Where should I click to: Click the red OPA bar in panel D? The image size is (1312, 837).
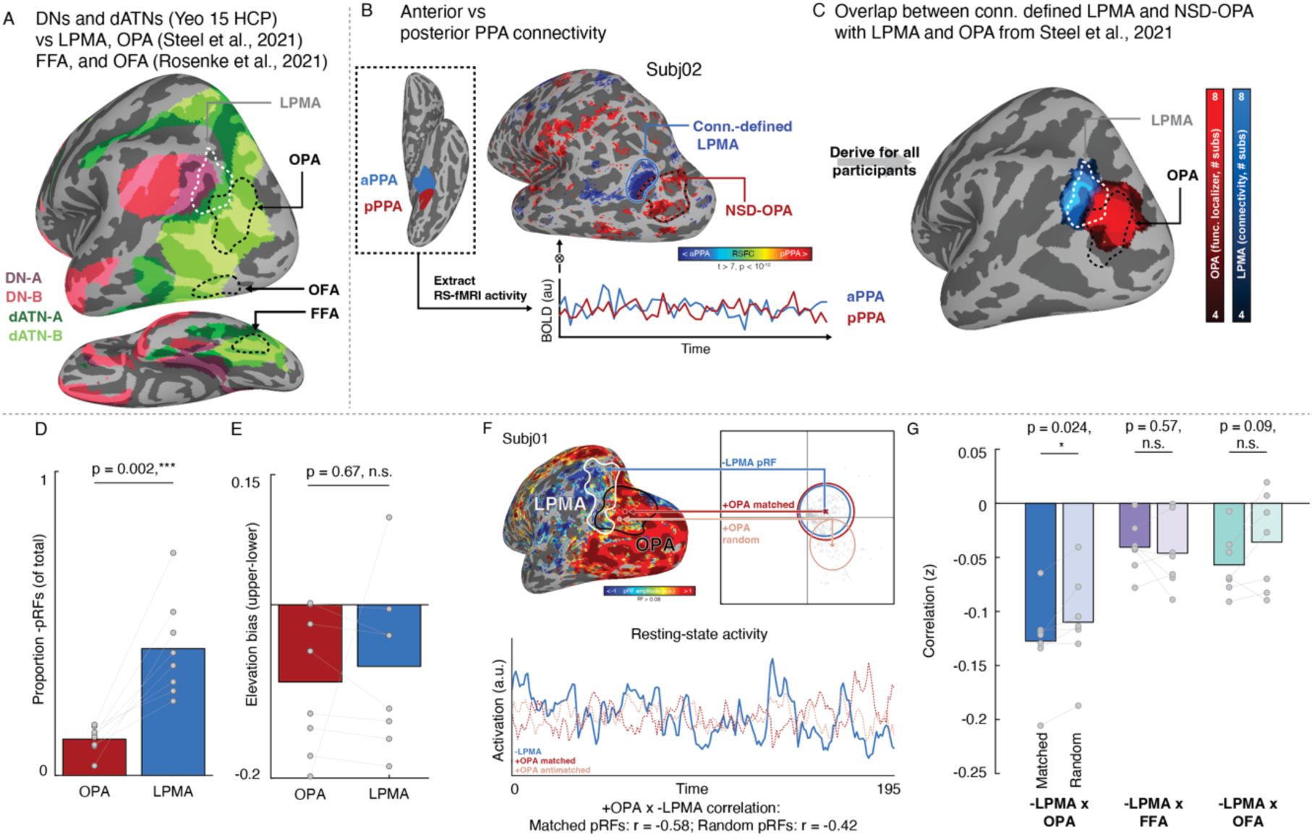(x=94, y=757)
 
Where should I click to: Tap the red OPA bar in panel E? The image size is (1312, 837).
(x=310, y=643)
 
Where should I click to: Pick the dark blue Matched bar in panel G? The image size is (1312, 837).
(x=1040, y=572)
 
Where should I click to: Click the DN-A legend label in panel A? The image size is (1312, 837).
(x=24, y=277)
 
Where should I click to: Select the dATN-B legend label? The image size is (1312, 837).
(x=35, y=336)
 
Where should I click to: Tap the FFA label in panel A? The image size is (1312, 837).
(x=324, y=313)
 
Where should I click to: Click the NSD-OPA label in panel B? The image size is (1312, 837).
(x=758, y=211)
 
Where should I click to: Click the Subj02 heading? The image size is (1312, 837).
(x=673, y=70)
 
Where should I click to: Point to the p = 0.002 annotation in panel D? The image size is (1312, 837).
(x=133, y=469)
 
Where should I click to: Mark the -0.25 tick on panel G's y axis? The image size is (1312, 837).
(x=968, y=773)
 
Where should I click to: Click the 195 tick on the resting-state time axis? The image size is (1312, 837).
(x=887, y=789)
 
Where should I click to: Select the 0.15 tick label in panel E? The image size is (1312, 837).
(x=245, y=482)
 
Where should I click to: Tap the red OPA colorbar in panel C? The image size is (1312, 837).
(x=1214, y=205)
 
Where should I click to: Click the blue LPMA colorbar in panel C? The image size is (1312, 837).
(x=1241, y=205)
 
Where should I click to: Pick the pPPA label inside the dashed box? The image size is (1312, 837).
(x=383, y=206)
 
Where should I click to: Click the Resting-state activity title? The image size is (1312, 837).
(x=699, y=634)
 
